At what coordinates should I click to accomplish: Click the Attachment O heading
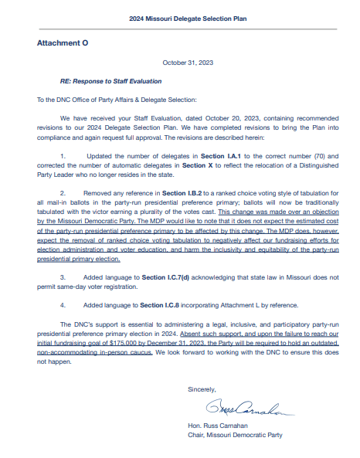point(63,43)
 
